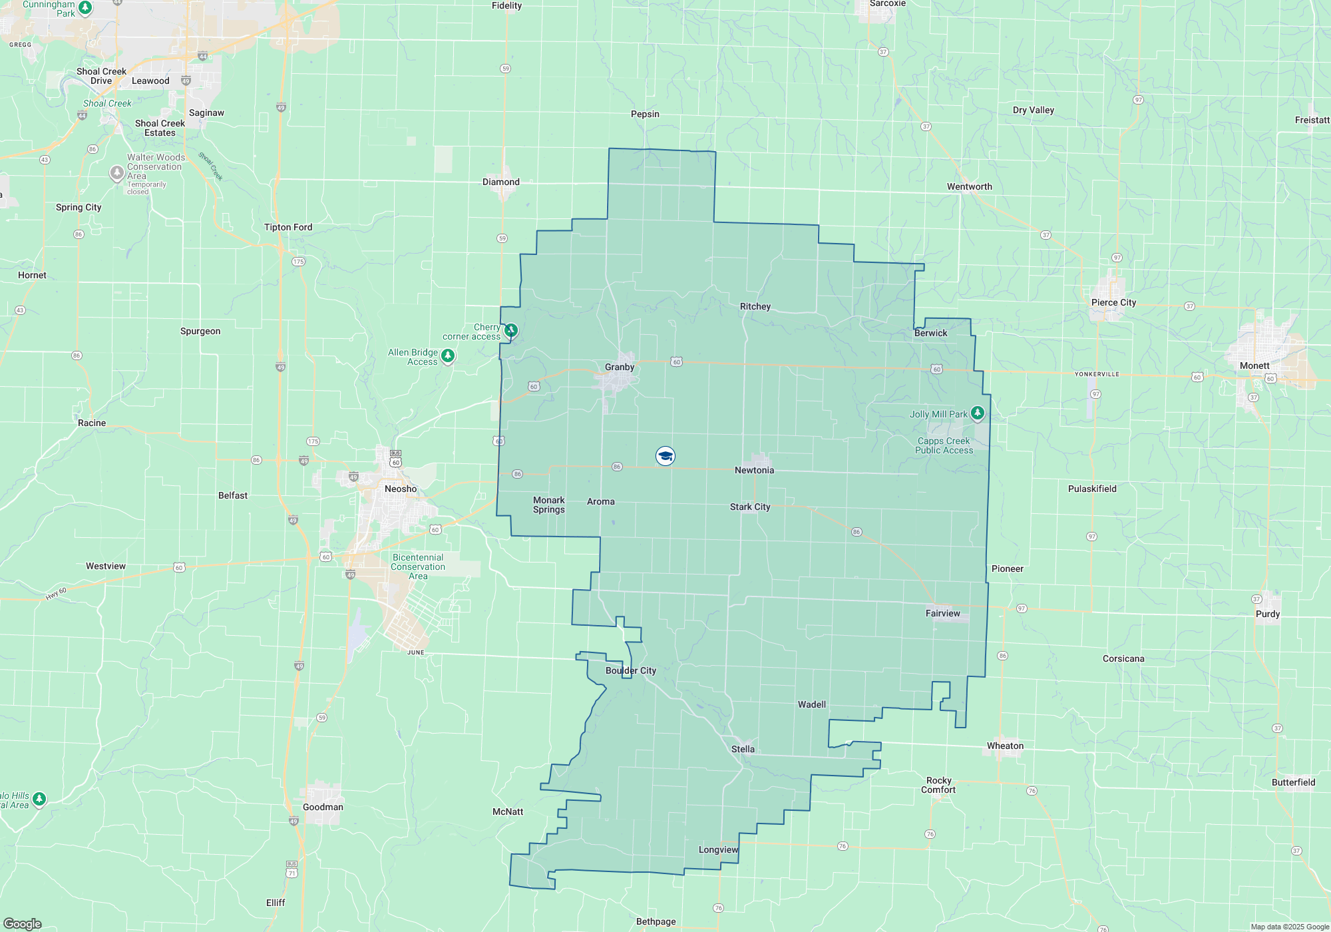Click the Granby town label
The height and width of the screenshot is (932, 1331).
(x=620, y=367)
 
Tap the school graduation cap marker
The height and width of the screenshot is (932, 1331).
(x=665, y=455)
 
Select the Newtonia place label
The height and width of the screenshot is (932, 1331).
(x=754, y=470)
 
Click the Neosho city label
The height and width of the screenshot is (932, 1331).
(x=401, y=489)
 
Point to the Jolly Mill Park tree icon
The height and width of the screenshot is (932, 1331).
(x=977, y=413)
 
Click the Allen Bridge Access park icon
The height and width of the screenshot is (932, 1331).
(x=448, y=356)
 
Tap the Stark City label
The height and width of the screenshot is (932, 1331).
(x=750, y=507)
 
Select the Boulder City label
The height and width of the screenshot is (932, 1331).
(x=631, y=670)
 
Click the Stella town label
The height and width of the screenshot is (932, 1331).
(x=743, y=749)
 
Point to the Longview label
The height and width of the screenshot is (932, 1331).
(x=718, y=849)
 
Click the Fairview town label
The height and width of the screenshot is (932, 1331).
(x=942, y=613)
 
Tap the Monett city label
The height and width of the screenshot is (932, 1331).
(x=1254, y=365)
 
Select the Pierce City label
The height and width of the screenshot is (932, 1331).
(x=1113, y=302)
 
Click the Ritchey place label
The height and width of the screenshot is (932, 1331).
(x=755, y=306)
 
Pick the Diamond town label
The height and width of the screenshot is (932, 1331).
(x=501, y=182)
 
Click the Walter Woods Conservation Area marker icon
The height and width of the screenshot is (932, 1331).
(x=116, y=173)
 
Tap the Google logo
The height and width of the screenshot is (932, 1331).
(x=23, y=924)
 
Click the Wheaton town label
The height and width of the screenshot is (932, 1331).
(x=1005, y=746)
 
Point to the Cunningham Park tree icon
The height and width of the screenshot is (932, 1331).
(x=85, y=7)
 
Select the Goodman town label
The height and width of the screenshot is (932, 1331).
(x=323, y=807)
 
